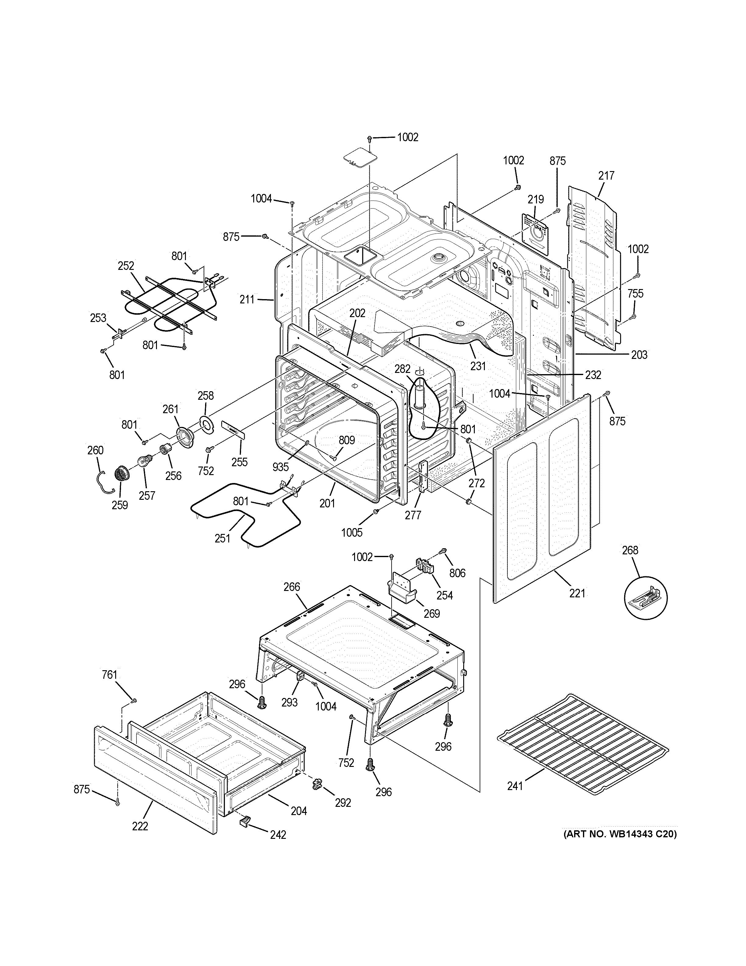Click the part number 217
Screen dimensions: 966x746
point(606,176)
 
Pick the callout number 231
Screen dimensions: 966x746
point(478,366)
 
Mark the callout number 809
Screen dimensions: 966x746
point(347,440)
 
